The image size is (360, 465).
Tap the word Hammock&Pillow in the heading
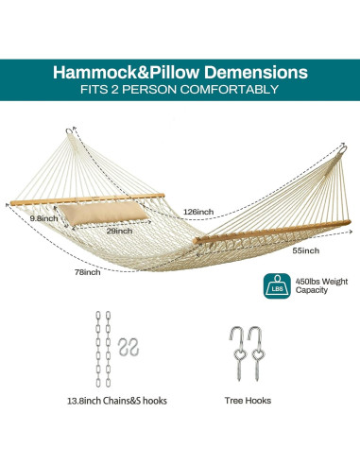[x=123, y=71]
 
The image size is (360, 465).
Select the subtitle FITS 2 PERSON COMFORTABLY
[x=180, y=90]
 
